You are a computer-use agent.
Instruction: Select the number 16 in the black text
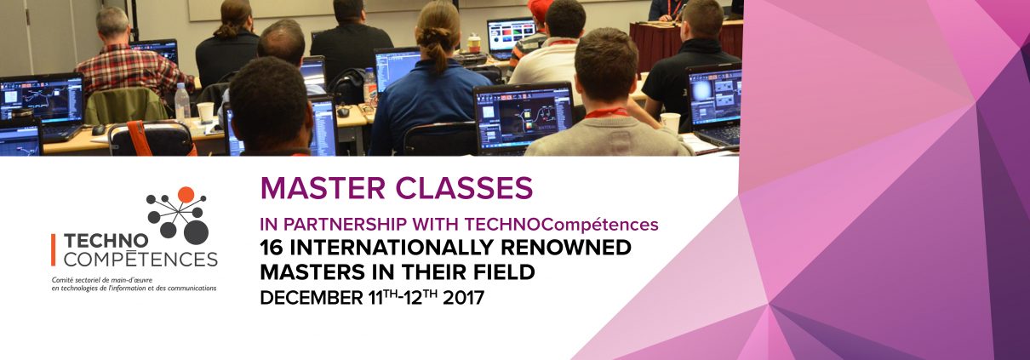pyautogui.click(x=272, y=248)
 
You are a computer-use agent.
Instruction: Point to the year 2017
pyautogui.click(x=463, y=298)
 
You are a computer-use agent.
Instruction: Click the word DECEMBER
pyautogui.click(x=312, y=298)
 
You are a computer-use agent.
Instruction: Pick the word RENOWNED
pyautogui.click(x=566, y=248)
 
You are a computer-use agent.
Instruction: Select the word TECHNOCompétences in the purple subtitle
pyautogui.click(x=561, y=225)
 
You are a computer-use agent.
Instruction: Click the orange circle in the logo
pyautogui.click(x=186, y=195)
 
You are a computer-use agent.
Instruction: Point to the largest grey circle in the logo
pyautogui.click(x=197, y=232)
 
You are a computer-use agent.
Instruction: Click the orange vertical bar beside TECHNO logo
pyautogui.click(x=54, y=249)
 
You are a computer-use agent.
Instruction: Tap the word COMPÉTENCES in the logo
pyautogui.click(x=140, y=259)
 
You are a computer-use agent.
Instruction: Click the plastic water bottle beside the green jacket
pyautogui.click(x=182, y=104)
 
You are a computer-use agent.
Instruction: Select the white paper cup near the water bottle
pyautogui.click(x=205, y=111)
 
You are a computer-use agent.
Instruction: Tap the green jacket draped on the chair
pyautogui.click(x=125, y=106)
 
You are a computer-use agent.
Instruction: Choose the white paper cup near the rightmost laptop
pyautogui.click(x=671, y=123)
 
